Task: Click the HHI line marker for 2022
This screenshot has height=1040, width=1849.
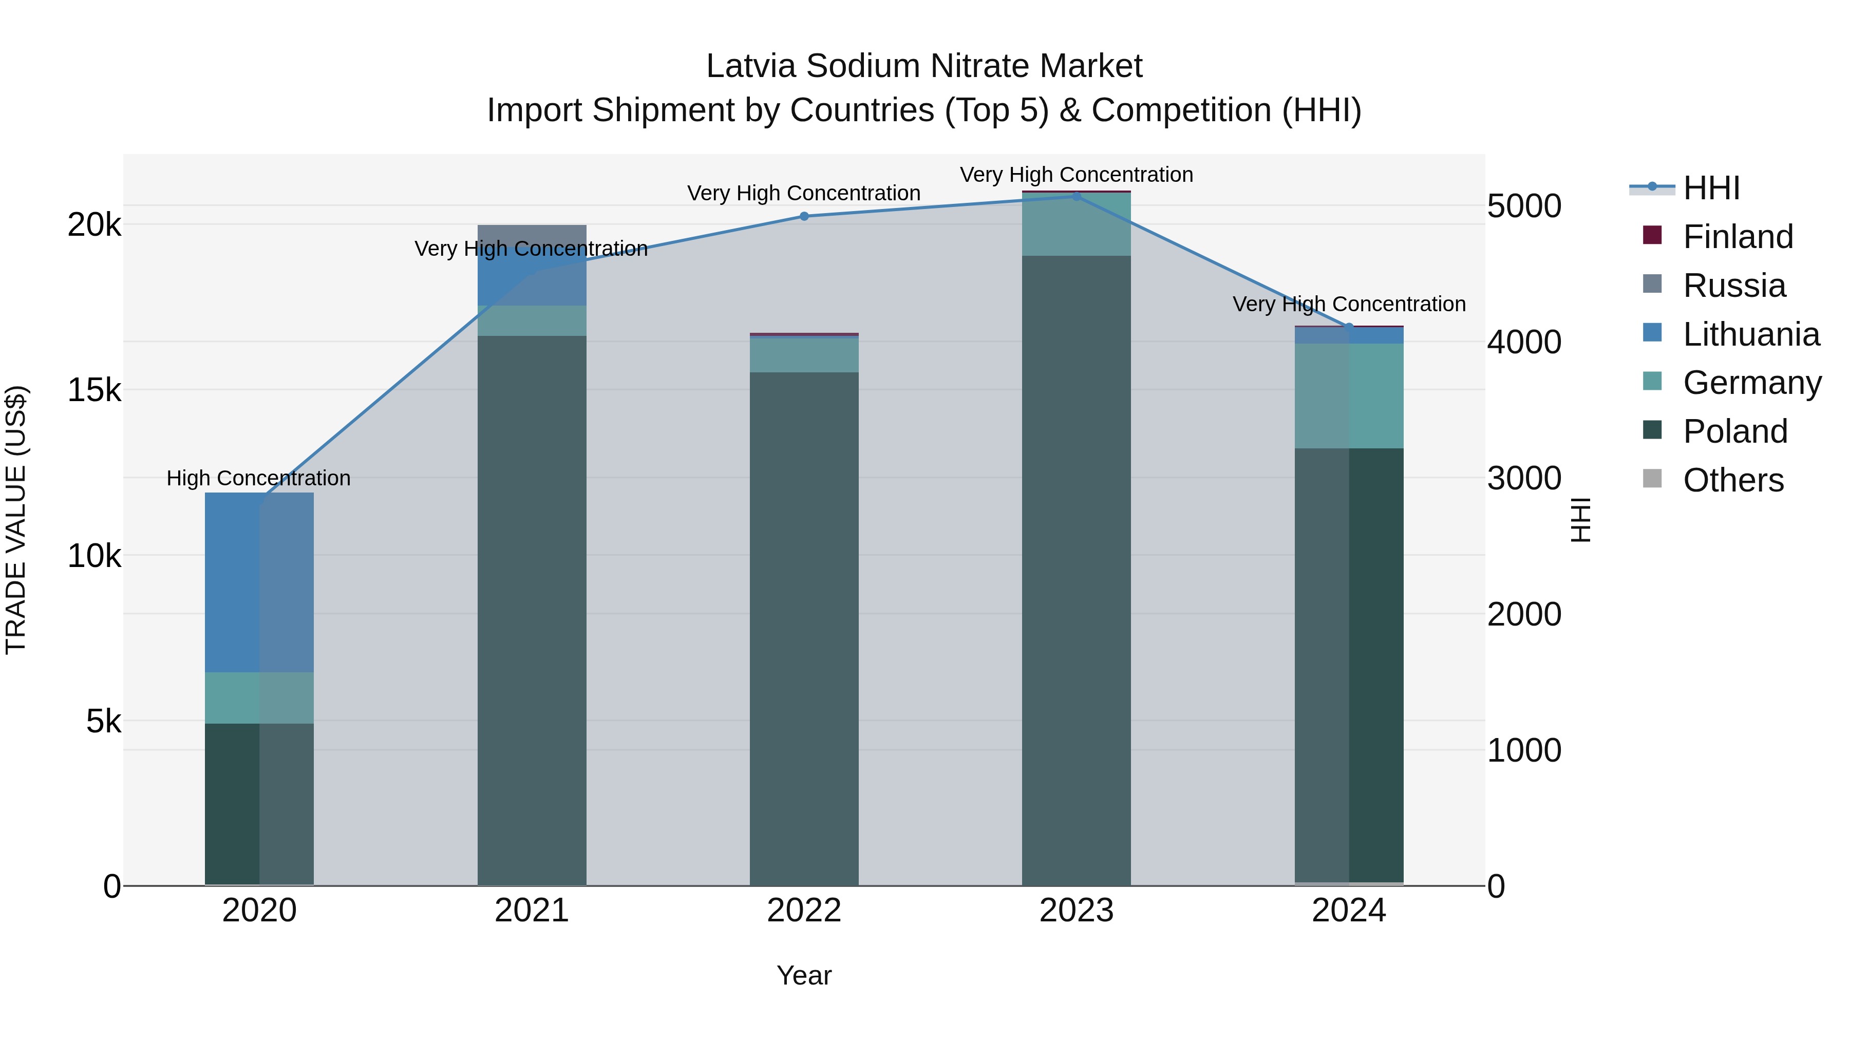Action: point(804,216)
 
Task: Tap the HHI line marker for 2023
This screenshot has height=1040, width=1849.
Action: point(1076,196)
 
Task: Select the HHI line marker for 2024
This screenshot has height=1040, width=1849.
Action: point(1349,327)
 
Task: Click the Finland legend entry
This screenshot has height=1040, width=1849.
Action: point(1737,237)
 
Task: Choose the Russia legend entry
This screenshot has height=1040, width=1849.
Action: point(1733,286)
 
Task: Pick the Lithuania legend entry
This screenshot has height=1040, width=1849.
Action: point(1750,334)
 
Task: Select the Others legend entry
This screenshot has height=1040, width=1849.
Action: point(1733,480)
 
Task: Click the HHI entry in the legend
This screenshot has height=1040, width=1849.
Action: point(1710,188)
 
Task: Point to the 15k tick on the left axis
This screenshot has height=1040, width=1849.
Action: point(94,390)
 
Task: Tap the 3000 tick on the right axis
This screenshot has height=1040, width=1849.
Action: point(1524,478)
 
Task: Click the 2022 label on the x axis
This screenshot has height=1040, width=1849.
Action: point(804,911)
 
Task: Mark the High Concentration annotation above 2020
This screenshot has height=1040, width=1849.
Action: point(258,478)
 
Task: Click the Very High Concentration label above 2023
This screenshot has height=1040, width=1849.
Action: point(1076,175)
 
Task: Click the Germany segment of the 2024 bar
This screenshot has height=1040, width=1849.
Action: point(1349,395)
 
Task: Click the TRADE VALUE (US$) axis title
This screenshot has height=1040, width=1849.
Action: point(16,520)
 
